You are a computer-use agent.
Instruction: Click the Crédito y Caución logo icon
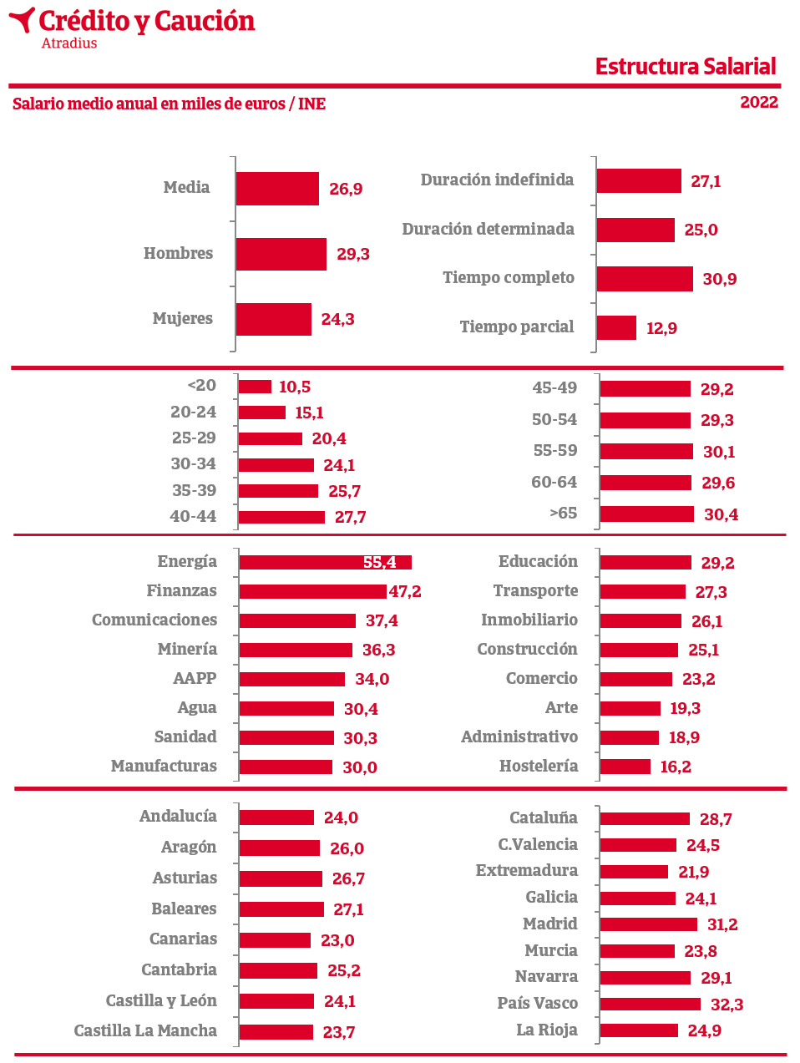click(23, 20)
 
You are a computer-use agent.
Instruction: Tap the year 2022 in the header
click(758, 103)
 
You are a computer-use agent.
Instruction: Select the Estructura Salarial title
click(685, 67)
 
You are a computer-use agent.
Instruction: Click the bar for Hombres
click(281, 254)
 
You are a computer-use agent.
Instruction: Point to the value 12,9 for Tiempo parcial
click(661, 328)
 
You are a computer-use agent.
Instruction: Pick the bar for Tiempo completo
click(644, 279)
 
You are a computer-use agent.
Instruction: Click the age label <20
click(201, 386)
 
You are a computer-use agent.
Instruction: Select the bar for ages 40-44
click(281, 517)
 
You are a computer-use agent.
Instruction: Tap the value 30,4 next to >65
click(721, 514)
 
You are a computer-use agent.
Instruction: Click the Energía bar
click(325, 563)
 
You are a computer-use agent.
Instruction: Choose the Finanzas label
click(181, 591)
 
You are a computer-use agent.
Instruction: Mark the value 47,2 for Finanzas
click(405, 592)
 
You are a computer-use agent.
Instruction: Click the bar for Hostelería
click(625, 767)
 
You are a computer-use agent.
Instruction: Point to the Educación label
click(538, 562)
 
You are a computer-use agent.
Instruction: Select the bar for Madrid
click(648, 924)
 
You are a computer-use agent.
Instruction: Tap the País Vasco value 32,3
click(727, 1005)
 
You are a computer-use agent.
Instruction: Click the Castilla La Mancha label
click(145, 1031)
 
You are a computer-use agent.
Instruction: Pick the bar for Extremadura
click(634, 872)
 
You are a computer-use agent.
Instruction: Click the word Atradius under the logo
click(69, 43)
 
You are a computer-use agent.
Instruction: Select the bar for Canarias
click(275, 940)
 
